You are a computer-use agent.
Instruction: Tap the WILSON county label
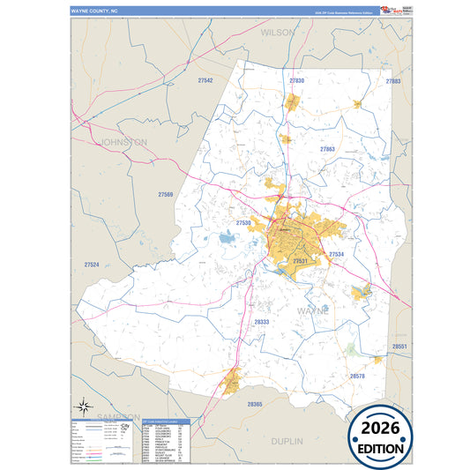278,32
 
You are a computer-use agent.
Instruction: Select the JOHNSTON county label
123,141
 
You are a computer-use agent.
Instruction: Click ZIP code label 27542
205,80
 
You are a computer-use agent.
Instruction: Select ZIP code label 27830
296,80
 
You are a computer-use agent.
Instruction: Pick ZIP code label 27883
393,80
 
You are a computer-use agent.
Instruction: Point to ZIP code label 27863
327,150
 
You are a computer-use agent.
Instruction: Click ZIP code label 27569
166,194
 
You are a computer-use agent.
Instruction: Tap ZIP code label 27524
92,265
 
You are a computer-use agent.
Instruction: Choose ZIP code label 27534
336,254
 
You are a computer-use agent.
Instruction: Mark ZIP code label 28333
261,323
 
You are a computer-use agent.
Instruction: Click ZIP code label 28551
400,347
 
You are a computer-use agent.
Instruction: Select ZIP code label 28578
357,376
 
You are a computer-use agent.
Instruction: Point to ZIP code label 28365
255,403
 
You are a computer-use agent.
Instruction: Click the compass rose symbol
83,407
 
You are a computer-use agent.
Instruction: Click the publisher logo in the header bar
385,10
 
